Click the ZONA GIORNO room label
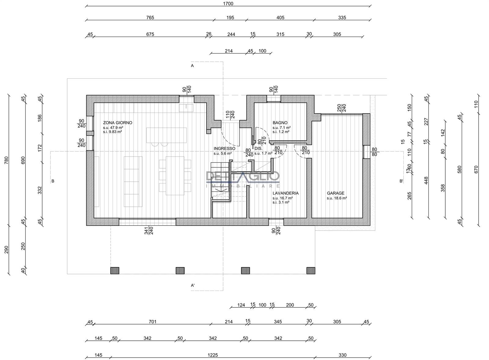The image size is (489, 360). pyautogui.click(x=118, y=123)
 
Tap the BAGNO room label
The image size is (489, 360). pyautogui.click(x=280, y=123)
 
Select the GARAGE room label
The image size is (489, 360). pyautogui.click(x=336, y=193)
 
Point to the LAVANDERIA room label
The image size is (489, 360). pyautogui.click(x=285, y=193)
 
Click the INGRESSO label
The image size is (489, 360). pyautogui.click(x=224, y=149)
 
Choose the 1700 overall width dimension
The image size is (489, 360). pyautogui.click(x=228, y=3)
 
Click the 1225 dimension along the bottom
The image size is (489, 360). pyautogui.click(x=213, y=355)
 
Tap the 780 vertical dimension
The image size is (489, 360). pyautogui.click(x=6, y=160)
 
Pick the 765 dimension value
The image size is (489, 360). pyautogui.click(x=150, y=17)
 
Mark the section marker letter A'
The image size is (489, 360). pyautogui.click(x=193, y=285)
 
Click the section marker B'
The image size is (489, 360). pyautogui.click(x=401, y=181)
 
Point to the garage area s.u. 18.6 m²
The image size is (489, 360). pyautogui.click(x=337, y=198)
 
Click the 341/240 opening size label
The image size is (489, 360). pyautogui.click(x=149, y=231)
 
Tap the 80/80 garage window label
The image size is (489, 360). pyautogui.click(x=374, y=152)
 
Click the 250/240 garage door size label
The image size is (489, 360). pyautogui.click(x=341, y=108)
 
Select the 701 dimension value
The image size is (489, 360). pyautogui.click(x=153, y=321)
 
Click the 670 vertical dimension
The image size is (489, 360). pyautogui.click(x=476, y=169)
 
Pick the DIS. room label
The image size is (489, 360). pyautogui.click(x=259, y=149)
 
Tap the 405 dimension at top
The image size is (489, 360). pyautogui.click(x=280, y=17)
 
